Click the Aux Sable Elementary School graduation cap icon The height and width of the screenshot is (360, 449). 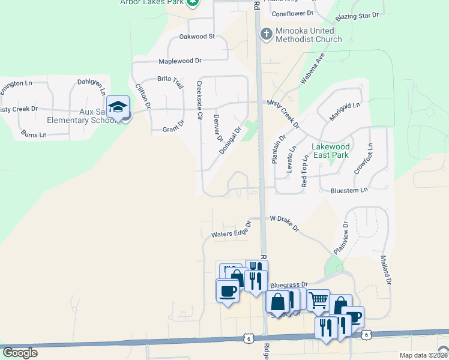[118, 107]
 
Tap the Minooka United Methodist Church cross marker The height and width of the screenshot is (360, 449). [265, 34]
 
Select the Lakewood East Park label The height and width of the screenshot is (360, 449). [330, 151]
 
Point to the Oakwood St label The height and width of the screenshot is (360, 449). [197, 37]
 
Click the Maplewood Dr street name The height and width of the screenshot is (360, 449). [180, 61]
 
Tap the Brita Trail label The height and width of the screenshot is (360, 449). [170, 82]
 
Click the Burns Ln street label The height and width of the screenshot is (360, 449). [33, 134]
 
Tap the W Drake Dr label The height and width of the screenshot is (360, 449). [285, 223]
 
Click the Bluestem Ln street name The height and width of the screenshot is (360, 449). [349, 190]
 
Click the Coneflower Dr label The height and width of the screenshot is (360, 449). [293, 13]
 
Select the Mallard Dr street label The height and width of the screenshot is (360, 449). [385, 269]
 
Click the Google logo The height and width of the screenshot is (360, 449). [20, 353]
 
